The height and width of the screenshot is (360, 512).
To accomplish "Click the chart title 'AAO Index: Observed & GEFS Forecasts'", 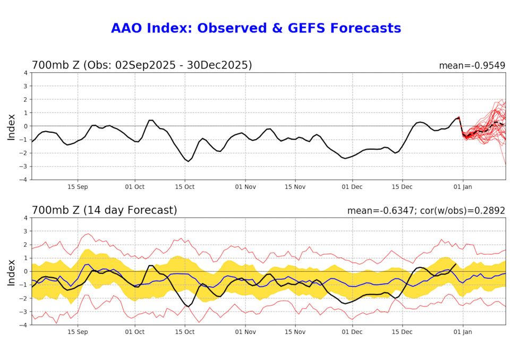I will click(255, 28).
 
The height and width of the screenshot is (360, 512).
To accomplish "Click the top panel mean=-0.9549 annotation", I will click(472, 66).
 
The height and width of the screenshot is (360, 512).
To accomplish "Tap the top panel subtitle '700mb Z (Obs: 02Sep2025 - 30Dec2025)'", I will click(142, 65).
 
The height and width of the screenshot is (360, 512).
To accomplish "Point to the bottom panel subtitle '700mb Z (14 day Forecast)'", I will click(105, 210).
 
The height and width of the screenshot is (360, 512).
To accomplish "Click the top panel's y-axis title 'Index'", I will click(12, 126).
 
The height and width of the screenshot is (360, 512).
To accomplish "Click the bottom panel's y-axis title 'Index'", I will click(12, 271).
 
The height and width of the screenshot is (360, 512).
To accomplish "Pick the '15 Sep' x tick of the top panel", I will click(78, 187).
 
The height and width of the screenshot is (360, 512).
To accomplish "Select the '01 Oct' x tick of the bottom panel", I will click(134, 332).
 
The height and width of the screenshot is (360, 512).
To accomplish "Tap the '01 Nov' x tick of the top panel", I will click(245, 187).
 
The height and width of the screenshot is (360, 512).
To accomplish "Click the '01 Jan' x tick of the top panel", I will click(463, 187).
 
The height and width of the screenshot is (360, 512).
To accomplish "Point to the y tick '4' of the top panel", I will click(25, 73).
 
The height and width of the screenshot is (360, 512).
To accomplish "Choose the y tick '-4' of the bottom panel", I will click(24, 325).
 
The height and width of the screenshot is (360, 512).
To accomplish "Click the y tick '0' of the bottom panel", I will click(25, 271).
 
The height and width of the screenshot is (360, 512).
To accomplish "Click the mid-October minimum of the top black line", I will click(188, 161).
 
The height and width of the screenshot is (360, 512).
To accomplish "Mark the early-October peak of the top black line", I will click(151, 120).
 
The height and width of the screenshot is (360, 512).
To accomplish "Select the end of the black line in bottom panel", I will click(456, 264).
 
